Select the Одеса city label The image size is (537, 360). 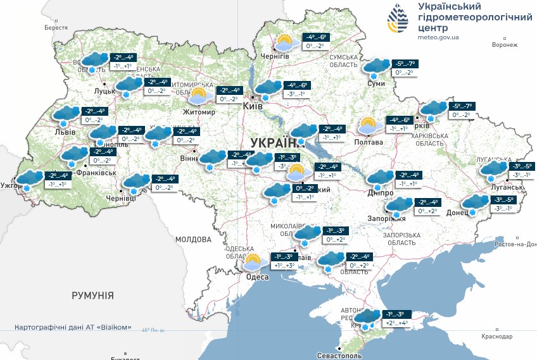257,277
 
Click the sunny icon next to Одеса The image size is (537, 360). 253,263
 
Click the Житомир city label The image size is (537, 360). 199,112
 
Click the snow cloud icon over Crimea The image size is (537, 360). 366,320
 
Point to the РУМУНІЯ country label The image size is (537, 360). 92,295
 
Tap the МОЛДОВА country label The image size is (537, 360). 193,240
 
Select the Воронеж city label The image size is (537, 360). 504,45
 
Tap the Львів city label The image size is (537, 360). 66,132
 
